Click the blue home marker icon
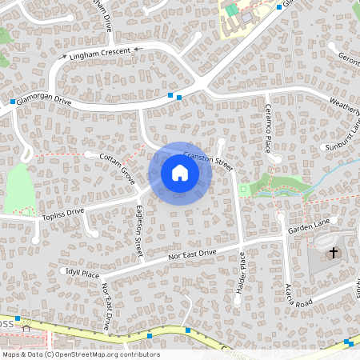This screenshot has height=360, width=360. (180, 174)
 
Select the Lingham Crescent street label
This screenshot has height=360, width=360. (100, 53)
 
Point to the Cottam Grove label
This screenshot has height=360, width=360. (118, 166)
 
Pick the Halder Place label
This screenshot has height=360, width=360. (241, 273)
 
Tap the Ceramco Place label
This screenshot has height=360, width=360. (268, 127)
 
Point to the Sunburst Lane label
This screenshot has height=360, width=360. (344, 137)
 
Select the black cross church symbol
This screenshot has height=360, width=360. (334, 254)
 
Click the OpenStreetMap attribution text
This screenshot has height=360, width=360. (80, 354)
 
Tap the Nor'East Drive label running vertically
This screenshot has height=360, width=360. (106, 306)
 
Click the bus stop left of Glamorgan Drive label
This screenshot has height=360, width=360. (14, 102)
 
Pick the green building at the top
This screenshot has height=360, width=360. (231, 10)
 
